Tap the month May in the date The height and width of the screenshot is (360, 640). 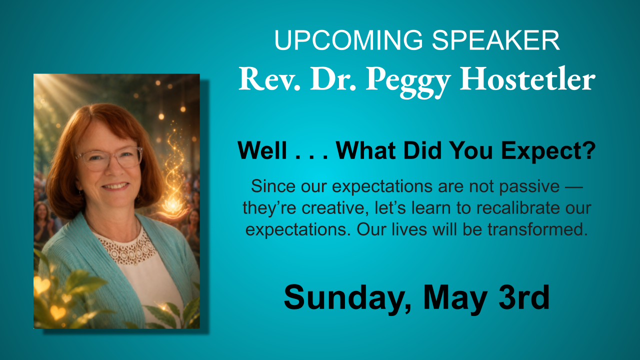pyautogui.click(x=454, y=298)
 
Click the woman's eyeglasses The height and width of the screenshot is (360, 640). pyautogui.click(x=109, y=158)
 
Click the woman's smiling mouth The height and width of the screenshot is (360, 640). pyautogui.click(x=115, y=186)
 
